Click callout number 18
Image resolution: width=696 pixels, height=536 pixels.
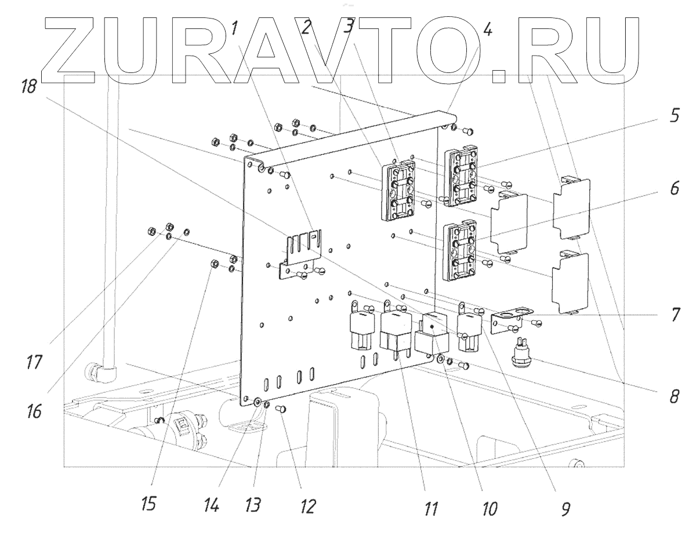28,87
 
